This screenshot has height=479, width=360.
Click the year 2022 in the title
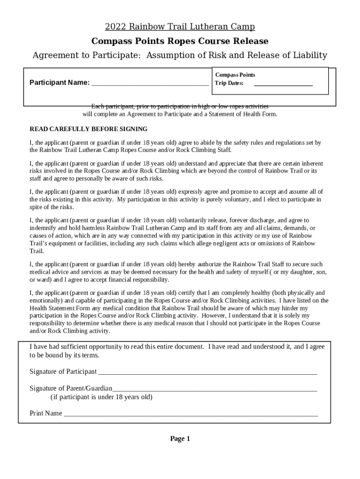115,27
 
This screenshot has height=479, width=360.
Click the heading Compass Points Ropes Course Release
180,41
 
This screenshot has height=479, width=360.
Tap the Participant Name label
59,83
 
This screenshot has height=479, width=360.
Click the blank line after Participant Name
150,84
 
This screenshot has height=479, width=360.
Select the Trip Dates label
229,83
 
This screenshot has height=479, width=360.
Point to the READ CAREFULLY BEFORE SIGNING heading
88,129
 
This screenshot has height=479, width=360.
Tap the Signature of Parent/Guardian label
71,388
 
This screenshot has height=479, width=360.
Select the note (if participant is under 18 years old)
101,397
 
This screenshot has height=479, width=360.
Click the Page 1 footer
180,439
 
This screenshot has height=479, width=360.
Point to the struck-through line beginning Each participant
180,106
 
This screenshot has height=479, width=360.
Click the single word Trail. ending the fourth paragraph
36,251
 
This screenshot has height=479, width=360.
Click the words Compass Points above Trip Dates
235,75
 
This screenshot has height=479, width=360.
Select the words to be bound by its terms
65,355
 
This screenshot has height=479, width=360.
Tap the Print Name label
46,414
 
